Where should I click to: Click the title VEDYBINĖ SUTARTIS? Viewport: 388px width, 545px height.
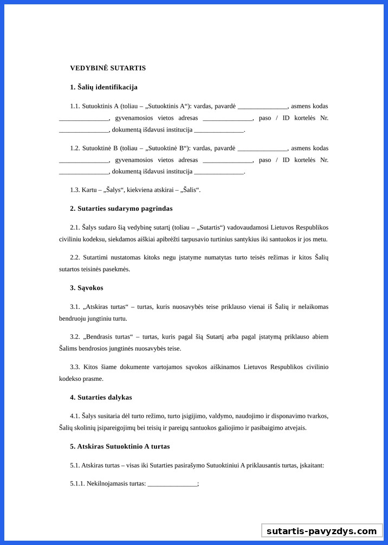click(x=108, y=68)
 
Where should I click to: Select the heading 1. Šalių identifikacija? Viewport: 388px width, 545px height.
click(x=104, y=87)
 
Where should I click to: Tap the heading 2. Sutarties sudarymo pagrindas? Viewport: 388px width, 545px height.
click(x=121, y=208)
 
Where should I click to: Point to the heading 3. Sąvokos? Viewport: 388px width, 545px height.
click(x=86, y=288)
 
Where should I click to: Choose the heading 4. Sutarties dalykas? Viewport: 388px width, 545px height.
click(x=101, y=397)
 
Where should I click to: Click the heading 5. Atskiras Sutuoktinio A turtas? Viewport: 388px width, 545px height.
click(x=120, y=446)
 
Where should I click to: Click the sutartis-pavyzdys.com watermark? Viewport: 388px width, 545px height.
click(x=321, y=531)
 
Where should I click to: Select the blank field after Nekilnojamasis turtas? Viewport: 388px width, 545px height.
click(x=172, y=484)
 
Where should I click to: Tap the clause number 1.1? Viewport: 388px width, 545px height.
click(x=75, y=106)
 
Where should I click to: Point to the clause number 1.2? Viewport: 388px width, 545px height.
click(x=75, y=148)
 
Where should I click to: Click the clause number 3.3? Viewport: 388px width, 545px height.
click(x=75, y=367)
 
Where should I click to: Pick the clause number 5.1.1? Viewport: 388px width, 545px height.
click(x=77, y=483)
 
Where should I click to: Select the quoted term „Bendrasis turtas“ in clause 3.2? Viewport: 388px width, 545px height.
click(x=108, y=336)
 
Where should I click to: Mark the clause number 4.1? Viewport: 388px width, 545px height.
click(x=75, y=416)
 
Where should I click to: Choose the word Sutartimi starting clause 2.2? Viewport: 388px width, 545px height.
click(x=96, y=257)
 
